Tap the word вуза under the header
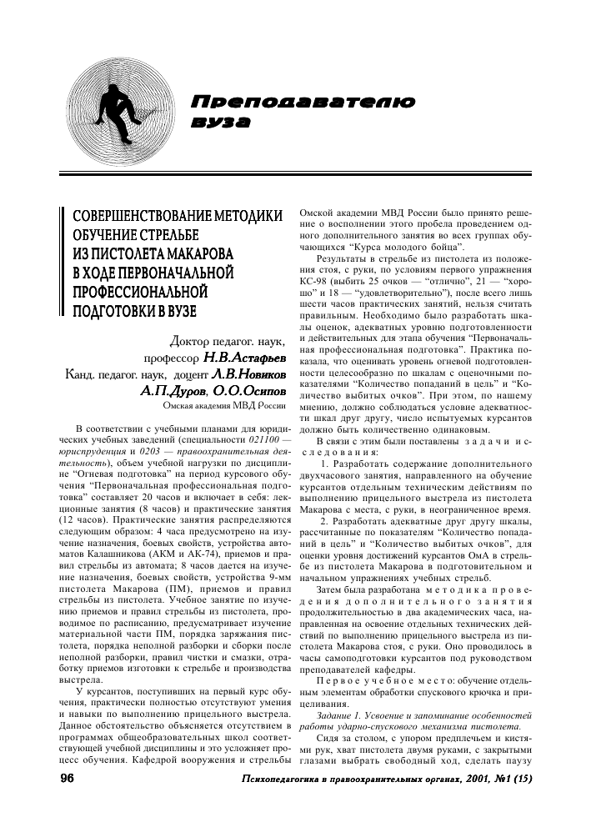(x=221, y=123)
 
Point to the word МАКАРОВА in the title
(x=196, y=253)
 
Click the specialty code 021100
(x=266, y=438)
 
